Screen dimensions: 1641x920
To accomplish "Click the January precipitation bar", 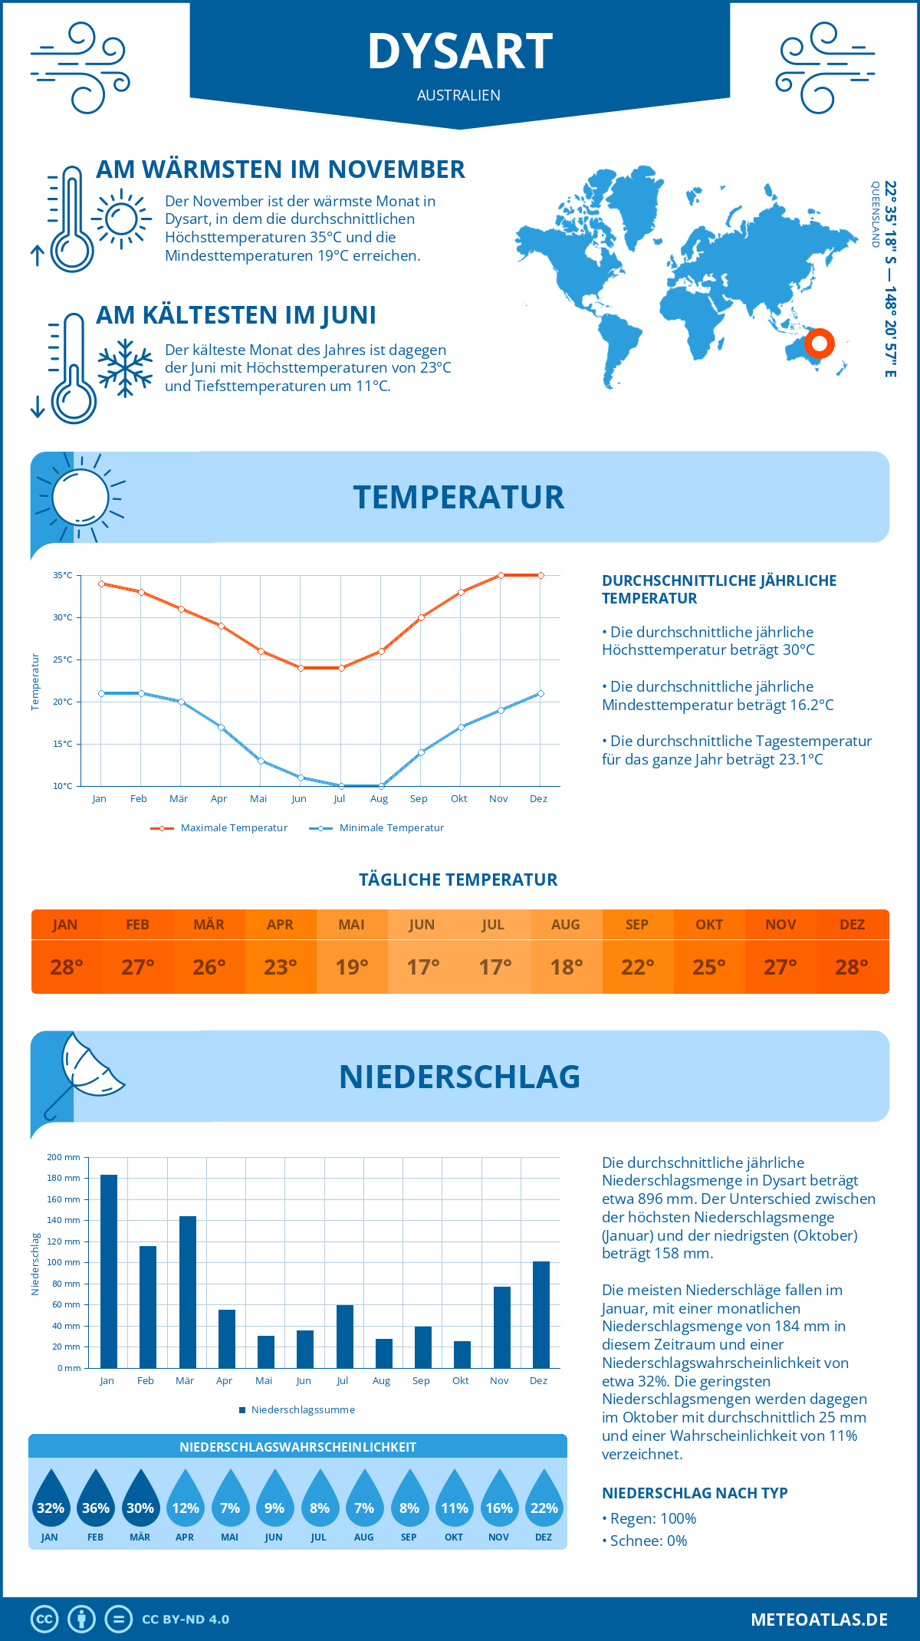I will pyautogui.click(x=109, y=1271).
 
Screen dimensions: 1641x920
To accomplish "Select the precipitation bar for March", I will pyautogui.click(x=188, y=1292).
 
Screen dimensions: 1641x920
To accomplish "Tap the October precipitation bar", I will pyautogui.click(x=462, y=1354).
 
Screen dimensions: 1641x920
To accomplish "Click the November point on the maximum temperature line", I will pyautogui.click(x=501, y=575).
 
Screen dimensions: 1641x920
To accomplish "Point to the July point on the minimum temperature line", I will pyautogui.click(x=341, y=786).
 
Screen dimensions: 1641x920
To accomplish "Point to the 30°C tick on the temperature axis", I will pyautogui.click(x=63, y=617).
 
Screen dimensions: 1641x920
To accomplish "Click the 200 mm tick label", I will pyautogui.click(x=64, y=1157).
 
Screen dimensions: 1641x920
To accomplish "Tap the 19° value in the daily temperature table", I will pyautogui.click(x=352, y=967).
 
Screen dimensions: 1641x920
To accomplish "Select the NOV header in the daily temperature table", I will pyautogui.click(x=780, y=925).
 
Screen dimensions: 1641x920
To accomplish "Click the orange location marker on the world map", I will pyautogui.click(x=819, y=343).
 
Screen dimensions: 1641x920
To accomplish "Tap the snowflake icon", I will pyautogui.click(x=125, y=368).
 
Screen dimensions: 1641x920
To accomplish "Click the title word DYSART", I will pyautogui.click(x=460, y=52).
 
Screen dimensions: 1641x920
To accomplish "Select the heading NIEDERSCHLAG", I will pyautogui.click(x=460, y=1077).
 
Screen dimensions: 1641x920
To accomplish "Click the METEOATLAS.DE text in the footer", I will pyautogui.click(x=819, y=1620).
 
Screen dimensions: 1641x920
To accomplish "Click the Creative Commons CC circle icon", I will pyautogui.click(x=44, y=1620).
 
